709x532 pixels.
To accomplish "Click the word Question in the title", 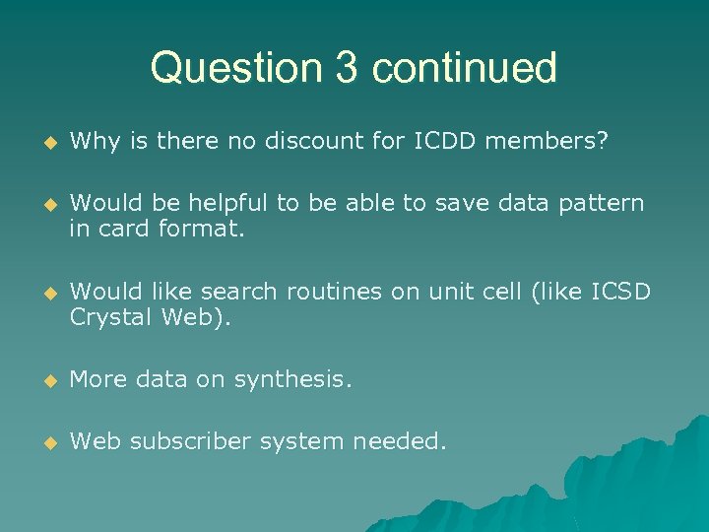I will [234, 68].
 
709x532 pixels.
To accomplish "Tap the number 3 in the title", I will [345, 68].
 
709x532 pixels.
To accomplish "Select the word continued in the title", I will [465, 68].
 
